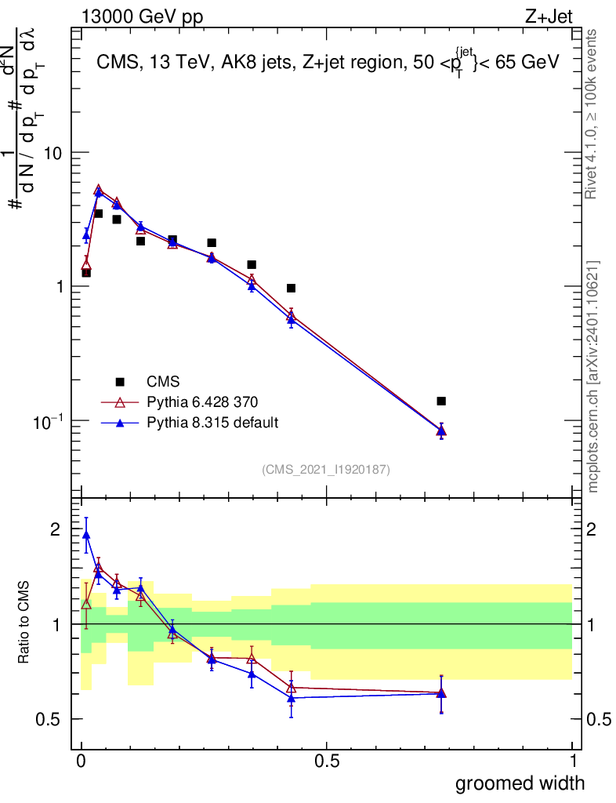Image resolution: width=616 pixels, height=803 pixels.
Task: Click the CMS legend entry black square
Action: [x=120, y=382]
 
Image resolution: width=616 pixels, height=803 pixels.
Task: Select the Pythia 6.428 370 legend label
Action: [x=202, y=402]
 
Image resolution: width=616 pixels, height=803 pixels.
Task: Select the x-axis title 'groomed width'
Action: [x=520, y=783]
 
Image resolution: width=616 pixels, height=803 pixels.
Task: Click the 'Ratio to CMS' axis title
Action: [x=24, y=624]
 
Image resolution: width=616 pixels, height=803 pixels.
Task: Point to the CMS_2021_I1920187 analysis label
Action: [x=326, y=469]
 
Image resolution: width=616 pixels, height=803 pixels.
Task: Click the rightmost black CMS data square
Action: [x=441, y=401]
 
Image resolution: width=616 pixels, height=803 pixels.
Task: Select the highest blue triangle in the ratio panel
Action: [x=86, y=535]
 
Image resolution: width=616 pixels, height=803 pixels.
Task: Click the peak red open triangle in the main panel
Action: [x=98, y=190]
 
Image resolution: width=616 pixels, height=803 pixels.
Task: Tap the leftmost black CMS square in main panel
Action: [x=86, y=273]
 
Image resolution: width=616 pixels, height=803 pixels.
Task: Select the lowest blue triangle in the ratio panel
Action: [x=291, y=698]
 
